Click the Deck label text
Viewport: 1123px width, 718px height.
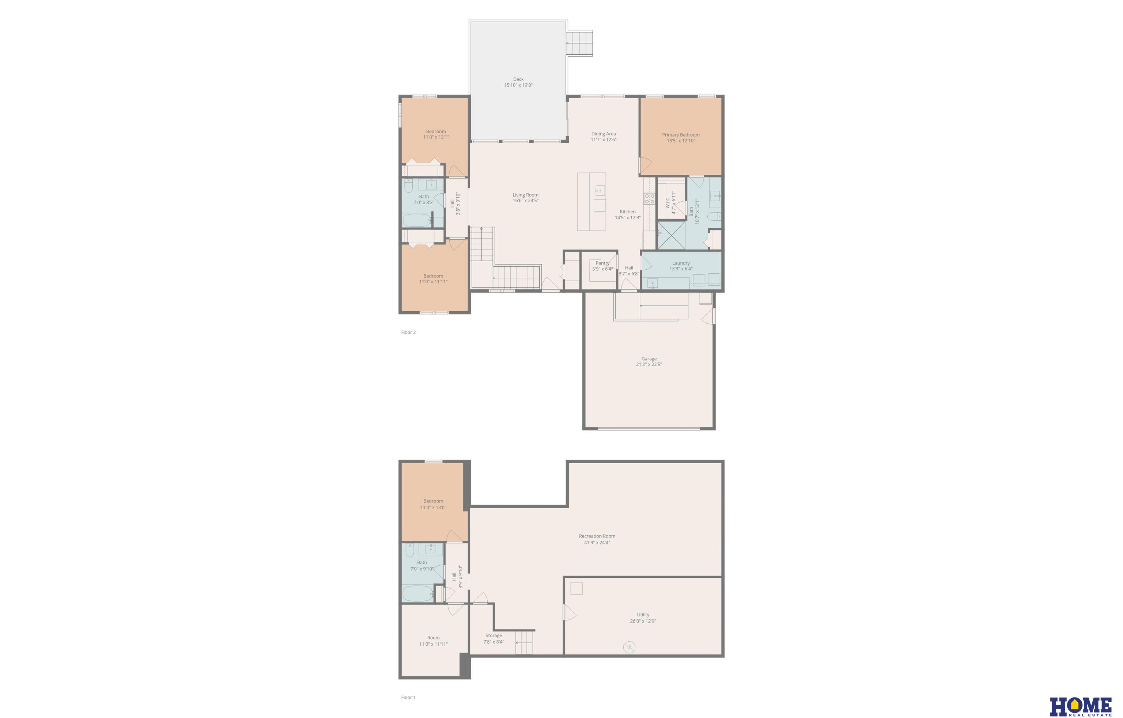click(x=518, y=79)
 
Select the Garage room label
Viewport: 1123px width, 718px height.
click(x=649, y=358)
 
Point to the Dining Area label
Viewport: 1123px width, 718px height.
click(x=604, y=134)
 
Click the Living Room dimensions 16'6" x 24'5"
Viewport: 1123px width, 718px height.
click(x=526, y=201)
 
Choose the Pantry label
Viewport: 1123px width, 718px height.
click(x=602, y=263)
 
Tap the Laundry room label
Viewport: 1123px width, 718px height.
click(x=681, y=263)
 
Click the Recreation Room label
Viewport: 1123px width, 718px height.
click(x=597, y=536)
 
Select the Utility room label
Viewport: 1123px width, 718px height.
click(x=643, y=615)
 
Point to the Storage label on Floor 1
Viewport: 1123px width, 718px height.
click(x=494, y=635)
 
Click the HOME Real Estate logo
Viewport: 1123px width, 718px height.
click(x=1081, y=706)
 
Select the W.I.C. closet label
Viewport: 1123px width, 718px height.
click(x=668, y=202)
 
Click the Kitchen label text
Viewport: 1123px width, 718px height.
click(x=627, y=212)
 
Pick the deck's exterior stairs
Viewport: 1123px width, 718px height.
click(x=579, y=43)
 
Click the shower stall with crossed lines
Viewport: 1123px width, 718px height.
click(x=671, y=235)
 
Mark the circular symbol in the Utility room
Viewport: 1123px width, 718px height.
click(x=629, y=647)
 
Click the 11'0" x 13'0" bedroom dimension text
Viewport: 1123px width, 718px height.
click(x=433, y=507)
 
